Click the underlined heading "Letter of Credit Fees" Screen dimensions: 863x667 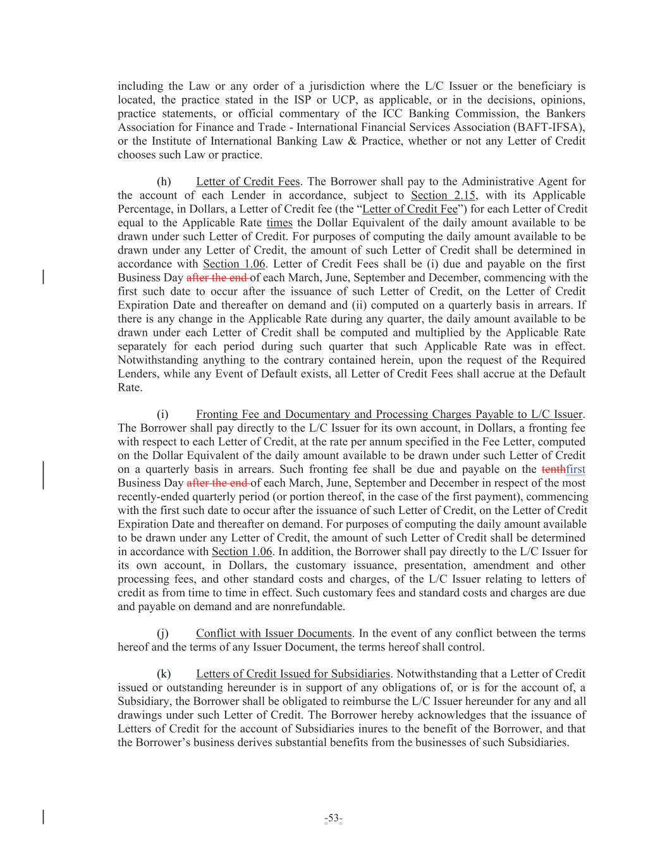pyautogui.click(x=248, y=181)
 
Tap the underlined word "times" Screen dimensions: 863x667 pyautogui.click(x=279, y=223)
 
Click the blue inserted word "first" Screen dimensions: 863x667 pyautogui.click(x=576, y=469)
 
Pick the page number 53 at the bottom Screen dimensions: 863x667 pyautogui.click(x=333, y=819)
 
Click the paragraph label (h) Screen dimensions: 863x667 pyautogui.click(x=164, y=181)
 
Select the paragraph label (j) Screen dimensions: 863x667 pyautogui.click(x=163, y=633)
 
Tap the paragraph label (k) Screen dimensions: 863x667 pyautogui.click(x=164, y=674)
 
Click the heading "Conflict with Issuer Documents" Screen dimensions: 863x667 pyautogui.click(x=274, y=633)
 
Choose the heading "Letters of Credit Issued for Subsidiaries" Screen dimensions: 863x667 pyautogui.click(x=293, y=674)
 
